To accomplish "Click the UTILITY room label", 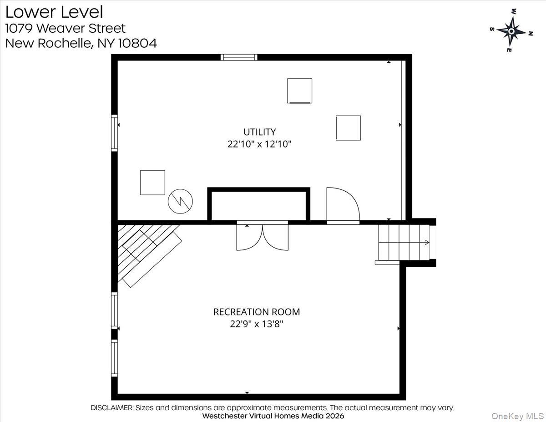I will [259, 132].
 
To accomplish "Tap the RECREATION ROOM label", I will [257, 312].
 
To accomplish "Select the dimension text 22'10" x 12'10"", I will [259, 144].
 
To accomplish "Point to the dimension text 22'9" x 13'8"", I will [257, 324].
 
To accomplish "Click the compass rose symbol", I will [511, 31].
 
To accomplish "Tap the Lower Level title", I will [54, 12].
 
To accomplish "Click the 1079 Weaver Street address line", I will [65, 28].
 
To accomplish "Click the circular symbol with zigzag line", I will [181, 202].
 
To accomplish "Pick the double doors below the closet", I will [263, 236].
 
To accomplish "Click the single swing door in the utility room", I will [342, 206].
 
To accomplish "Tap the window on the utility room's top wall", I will [239, 57].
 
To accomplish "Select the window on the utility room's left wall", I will [115, 132].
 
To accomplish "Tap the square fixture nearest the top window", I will [299, 91].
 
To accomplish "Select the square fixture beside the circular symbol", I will [152, 183].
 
